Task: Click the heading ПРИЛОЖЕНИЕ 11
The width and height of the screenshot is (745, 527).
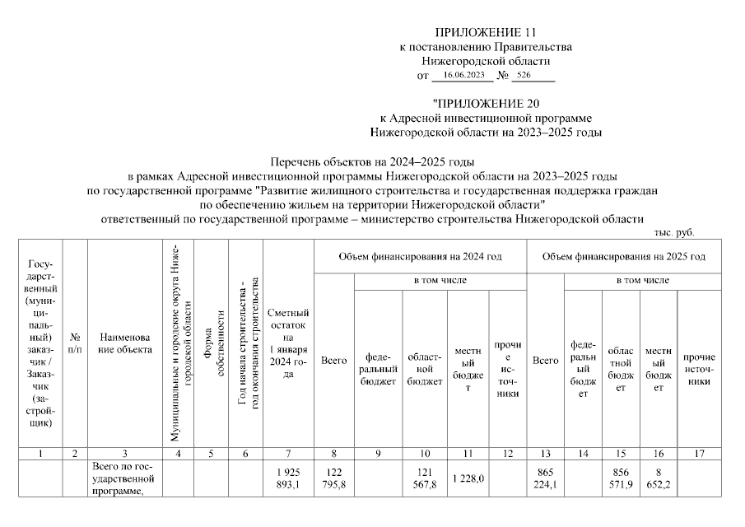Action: pos(485,33)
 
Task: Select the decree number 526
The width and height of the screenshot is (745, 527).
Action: pos(524,75)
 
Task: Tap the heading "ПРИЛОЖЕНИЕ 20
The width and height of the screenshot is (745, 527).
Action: pos(485,104)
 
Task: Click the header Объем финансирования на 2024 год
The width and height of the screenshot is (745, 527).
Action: pos(420,257)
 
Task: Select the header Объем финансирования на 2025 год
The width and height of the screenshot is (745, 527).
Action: pos(623,257)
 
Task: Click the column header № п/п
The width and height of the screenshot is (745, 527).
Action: pos(75,343)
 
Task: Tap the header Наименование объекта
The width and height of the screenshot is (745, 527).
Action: pos(124,343)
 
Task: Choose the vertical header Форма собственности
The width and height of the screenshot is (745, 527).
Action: pos(211,343)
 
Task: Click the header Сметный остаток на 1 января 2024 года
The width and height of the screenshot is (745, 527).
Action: pos(288,343)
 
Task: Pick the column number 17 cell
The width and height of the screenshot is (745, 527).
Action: pos(699,454)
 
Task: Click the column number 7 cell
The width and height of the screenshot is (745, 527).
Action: pos(288,454)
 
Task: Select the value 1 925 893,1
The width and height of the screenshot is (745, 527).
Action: pos(288,478)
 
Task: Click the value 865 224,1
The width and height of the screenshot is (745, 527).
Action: pos(545,478)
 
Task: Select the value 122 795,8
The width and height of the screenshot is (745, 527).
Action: pos(334,478)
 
